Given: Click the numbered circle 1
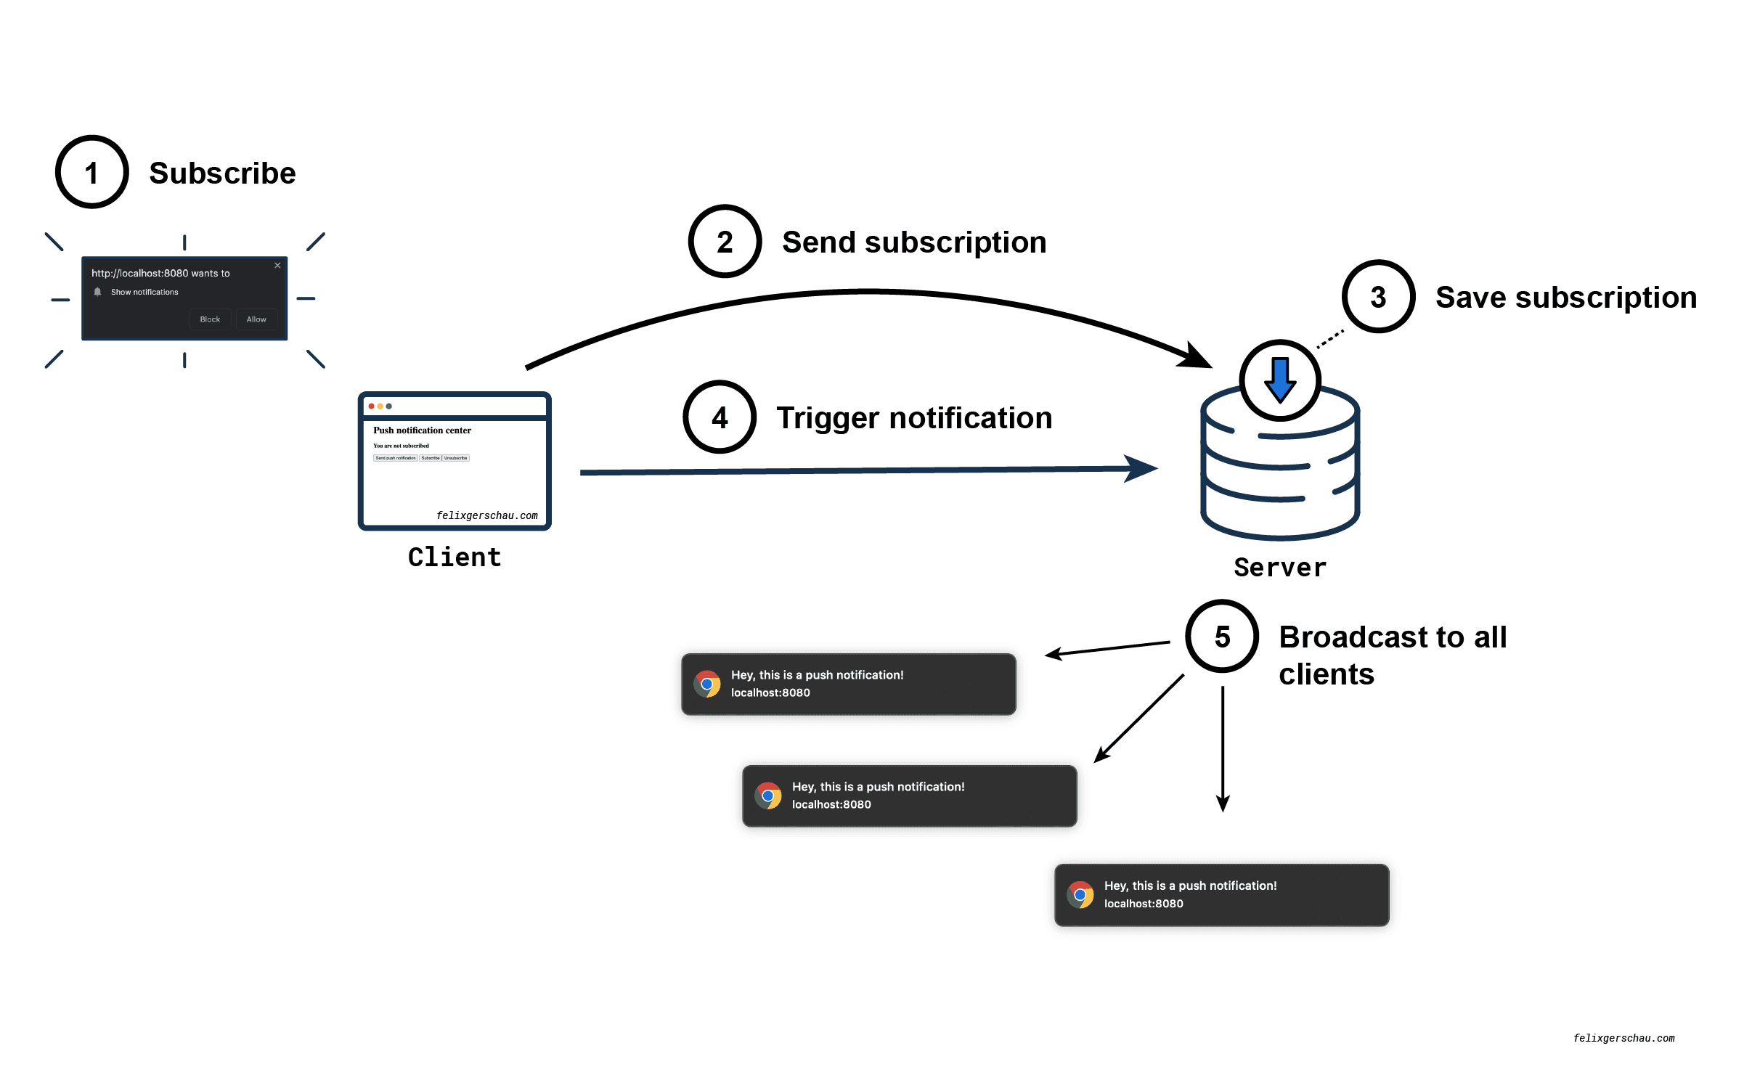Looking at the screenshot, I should click(x=92, y=173).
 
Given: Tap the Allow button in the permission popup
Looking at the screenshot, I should click(x=256, y=319).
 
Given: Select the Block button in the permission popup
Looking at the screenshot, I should click(x=210, y=319).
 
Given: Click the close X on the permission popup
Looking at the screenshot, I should click(x=277, y=266).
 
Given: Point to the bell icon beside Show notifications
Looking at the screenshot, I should click(x=97, y=292).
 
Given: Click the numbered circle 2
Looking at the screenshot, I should click(x=725, y=242).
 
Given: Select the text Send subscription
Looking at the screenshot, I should click(x=914, y=242).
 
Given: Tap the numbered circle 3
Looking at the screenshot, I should click(x=1378, y=297).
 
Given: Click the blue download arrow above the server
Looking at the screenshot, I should click(x=1280, y=380).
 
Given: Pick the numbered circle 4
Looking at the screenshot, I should click(x=720, y=417).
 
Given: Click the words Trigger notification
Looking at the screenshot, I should click(x=914, y=418).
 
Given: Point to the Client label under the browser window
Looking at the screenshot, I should click(x=455, y=557).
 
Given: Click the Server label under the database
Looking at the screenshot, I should click(x=1280, y=567).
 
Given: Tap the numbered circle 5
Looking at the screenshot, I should click(x=1222, y=637).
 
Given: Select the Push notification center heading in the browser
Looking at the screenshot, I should click(x=422, y=430).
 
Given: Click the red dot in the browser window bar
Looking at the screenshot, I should click(x=372, y=406).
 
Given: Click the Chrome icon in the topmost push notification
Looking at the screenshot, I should click(x=706, y=684).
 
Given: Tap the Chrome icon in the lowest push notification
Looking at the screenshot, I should click(x=1080, y=894).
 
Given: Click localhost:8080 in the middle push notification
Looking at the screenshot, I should click(x=831, y=804).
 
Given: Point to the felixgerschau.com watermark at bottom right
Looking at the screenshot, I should click(x=1623, y=1038).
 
